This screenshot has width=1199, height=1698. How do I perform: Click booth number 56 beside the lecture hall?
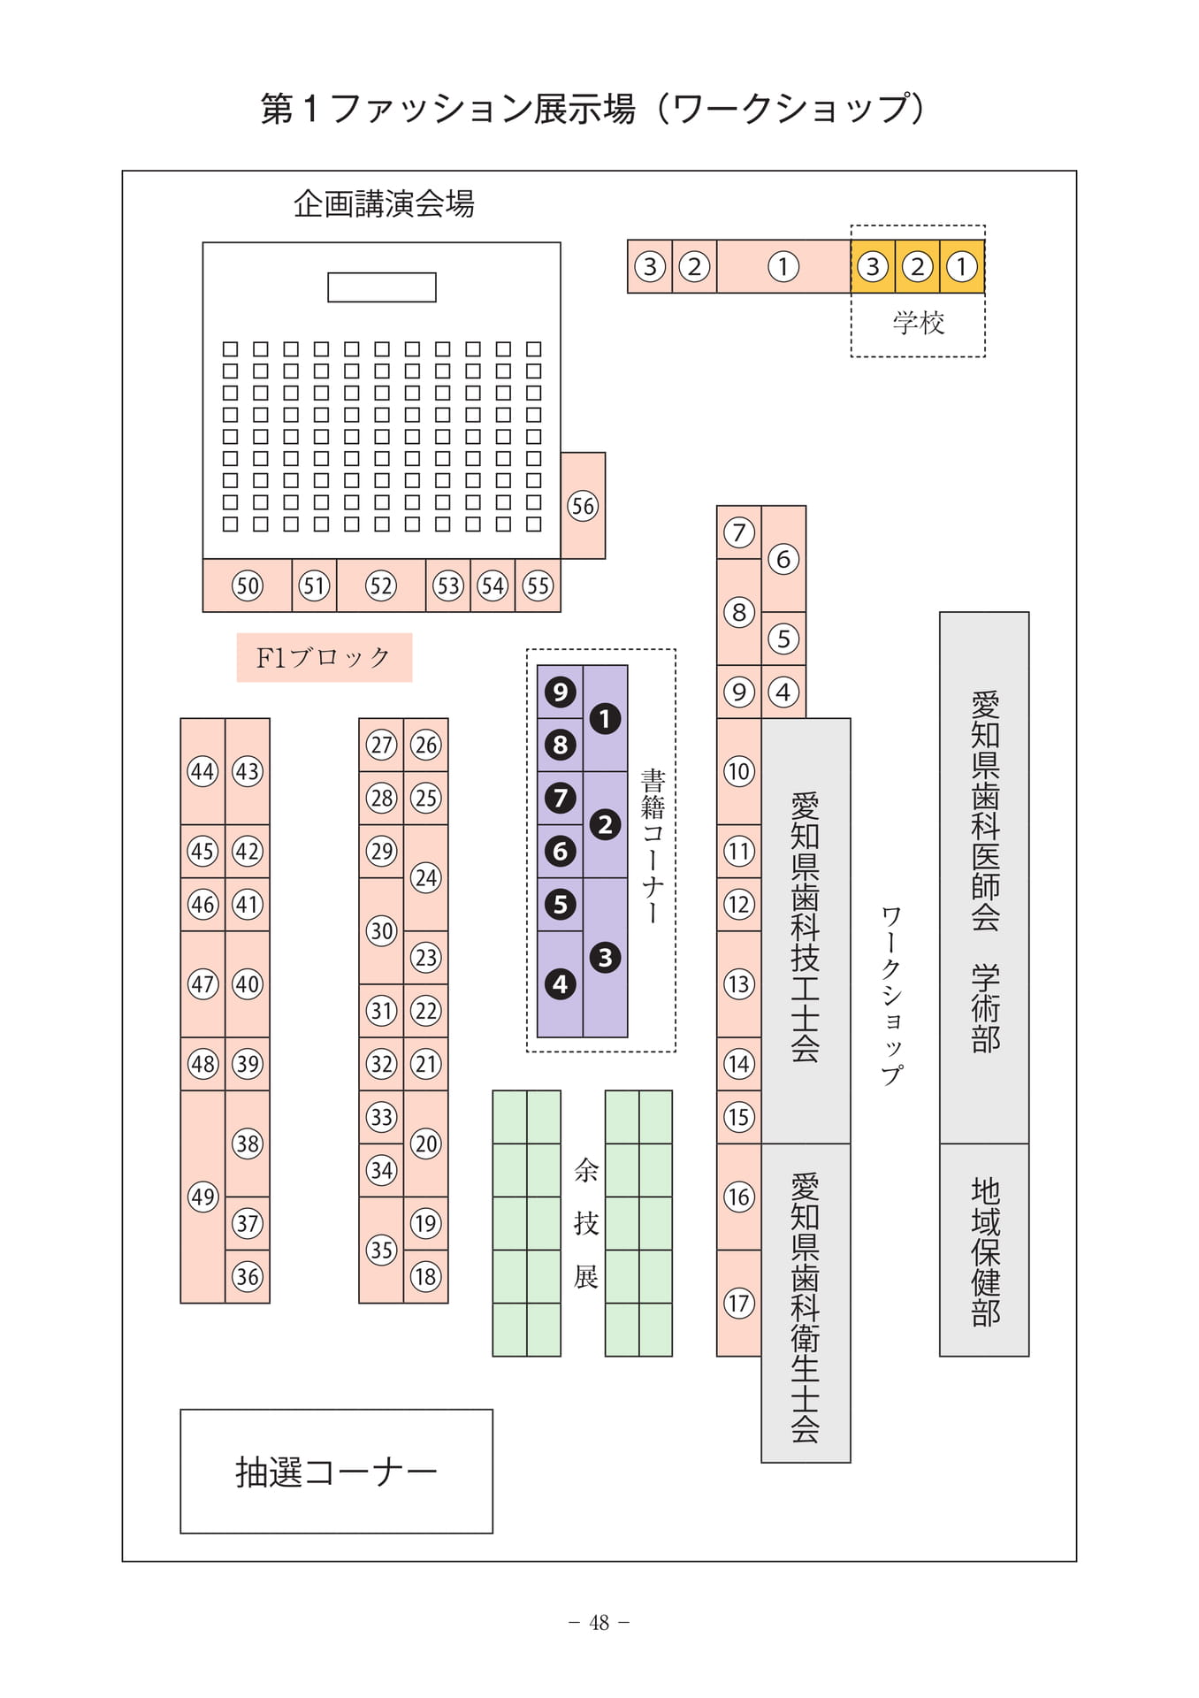coord(583,506)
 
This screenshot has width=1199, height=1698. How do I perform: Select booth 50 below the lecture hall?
coord(248,585)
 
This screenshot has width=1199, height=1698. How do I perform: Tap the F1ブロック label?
coord(324,657)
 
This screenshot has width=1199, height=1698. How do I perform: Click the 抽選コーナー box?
coord(336,1472)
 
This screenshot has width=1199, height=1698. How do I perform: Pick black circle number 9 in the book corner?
coord(560,692)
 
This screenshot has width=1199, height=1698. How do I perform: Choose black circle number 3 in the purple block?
coord(605,957)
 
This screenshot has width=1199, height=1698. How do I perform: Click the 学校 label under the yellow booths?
coord(919,323)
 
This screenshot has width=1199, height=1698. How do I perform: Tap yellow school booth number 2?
coord(918,266)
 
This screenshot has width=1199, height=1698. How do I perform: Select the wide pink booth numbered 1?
coord(783,266)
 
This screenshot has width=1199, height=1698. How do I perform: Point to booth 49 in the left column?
coord(202,1197)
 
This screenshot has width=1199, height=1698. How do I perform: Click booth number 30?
coord(381,930)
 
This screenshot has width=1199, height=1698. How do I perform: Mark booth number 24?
coord(426,877)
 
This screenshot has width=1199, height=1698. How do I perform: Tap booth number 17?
coord(739,1303)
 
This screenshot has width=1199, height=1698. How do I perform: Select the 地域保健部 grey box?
coord(984,1251)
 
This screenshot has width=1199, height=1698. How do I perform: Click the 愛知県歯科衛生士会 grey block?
coord(806,1303)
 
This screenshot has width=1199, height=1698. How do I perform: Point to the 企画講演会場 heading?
coord(384,204)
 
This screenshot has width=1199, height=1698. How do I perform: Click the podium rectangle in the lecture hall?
coord(382,287)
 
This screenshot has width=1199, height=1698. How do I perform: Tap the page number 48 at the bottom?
coord(599,1623)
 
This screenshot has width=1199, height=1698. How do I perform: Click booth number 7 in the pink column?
coord(739,532)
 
